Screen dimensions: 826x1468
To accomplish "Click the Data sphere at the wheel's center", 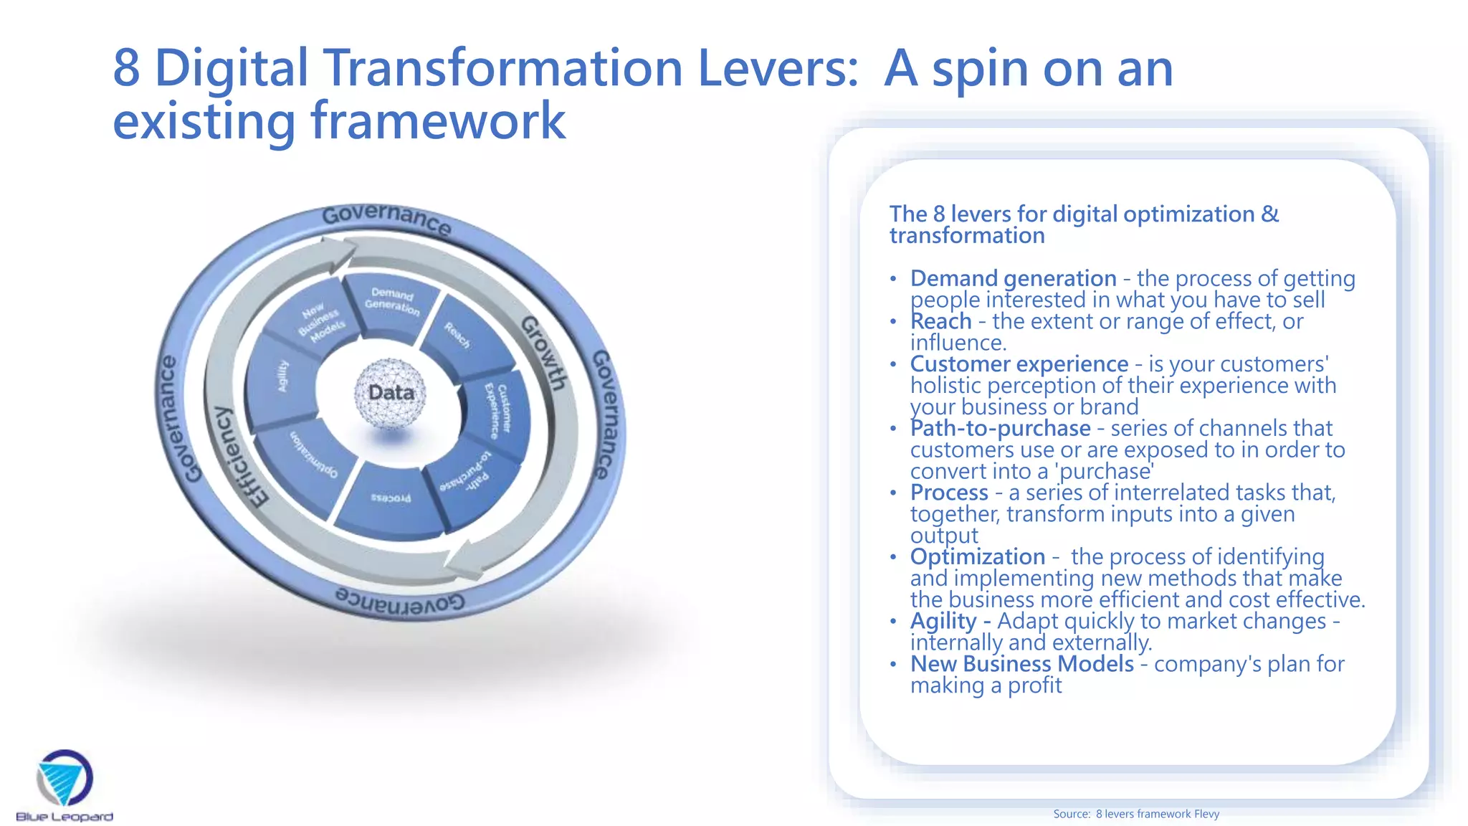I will (391, 393).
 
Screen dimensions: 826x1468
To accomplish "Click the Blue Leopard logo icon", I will (65, 778).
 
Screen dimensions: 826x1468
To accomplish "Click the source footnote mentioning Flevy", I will (1135, 814).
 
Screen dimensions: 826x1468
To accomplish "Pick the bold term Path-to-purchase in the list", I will (1000, 429).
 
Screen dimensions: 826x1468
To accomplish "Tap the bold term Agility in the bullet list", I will (943, 621).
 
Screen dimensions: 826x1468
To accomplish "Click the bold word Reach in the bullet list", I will (940, 321).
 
